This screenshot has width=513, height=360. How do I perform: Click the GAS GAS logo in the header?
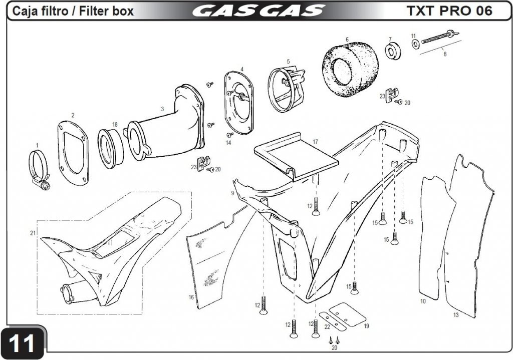[257, 11]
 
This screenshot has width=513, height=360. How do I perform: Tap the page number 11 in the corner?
[23, 343]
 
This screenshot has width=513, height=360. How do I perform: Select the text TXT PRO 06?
[449, 11]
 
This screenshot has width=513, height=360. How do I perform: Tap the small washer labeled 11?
[415, 45]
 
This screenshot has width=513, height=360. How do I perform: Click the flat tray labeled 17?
[296, 155]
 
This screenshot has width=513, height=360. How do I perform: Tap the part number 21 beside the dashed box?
[33, 233]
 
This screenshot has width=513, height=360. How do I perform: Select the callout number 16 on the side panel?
[191, 297]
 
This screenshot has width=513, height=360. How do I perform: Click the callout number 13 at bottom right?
[456, 315]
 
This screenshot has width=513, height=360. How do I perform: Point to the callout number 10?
[423, 301]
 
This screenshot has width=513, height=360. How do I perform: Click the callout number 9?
[233, 193]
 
